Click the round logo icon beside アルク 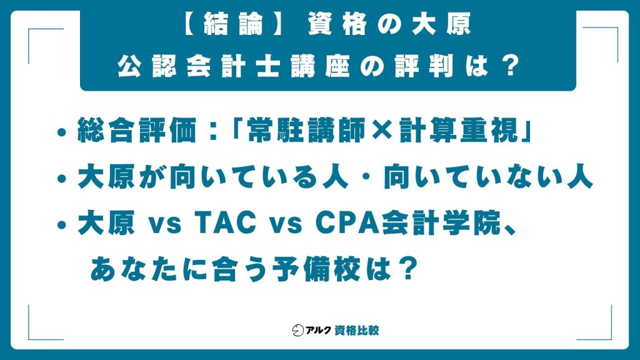(x=297, y=329)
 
